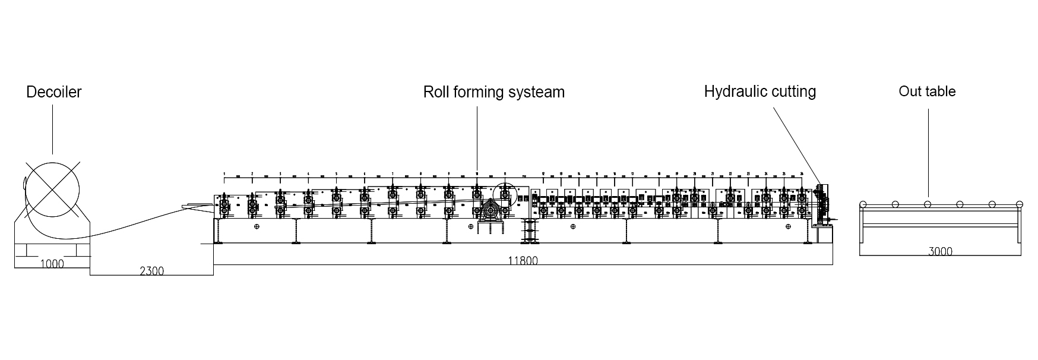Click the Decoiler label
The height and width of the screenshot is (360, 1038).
coord(53,92)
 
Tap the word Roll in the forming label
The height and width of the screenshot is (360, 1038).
coord(436,92)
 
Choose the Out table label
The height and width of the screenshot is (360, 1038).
coord(926,91)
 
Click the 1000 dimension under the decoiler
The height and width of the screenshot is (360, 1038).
coord(52,264)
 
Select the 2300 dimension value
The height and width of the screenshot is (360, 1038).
coord(151,271)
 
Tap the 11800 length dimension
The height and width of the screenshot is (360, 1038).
coord(523,260)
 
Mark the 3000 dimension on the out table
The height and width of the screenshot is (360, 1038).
coord(940,251)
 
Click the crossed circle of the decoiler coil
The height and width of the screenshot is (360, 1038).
coord(52,191)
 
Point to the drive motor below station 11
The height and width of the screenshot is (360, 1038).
coord(490,211)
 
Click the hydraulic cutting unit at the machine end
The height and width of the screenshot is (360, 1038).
coord(822,206)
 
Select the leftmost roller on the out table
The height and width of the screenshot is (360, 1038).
coord(863,204)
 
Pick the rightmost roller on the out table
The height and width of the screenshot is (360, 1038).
coord(1019,204)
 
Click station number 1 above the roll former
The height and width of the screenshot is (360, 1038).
coord(224,173)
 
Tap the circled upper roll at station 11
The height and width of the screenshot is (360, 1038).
coord(504,194)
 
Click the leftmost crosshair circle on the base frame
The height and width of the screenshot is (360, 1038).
coord(257,226)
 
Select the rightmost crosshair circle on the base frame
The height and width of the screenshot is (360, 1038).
coord(787,226)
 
